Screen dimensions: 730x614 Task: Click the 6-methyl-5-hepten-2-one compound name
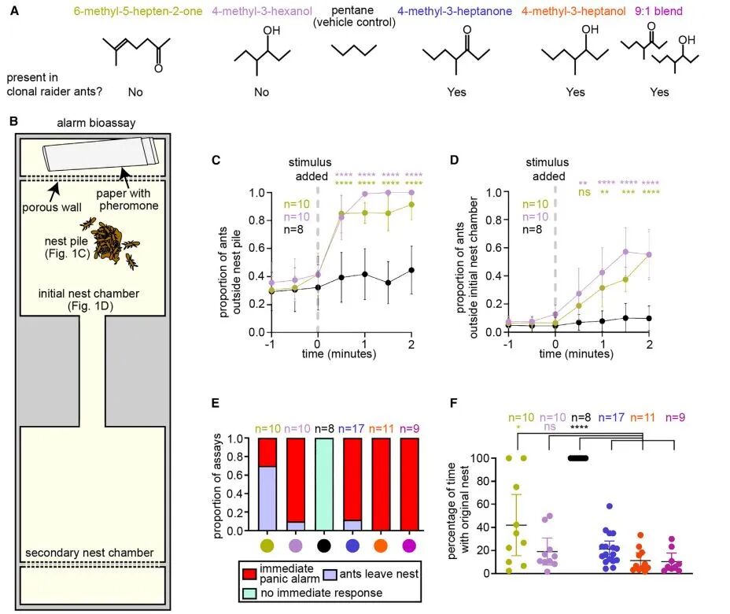tap(138, 11)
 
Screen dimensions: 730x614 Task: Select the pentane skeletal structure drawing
tap(354, 50)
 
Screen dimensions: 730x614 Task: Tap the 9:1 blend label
tap(658, 11)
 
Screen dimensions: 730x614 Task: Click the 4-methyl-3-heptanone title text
tap(455, 11)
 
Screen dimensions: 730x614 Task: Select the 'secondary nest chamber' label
tap(90, 553)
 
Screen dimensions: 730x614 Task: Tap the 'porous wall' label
tap(52, 207)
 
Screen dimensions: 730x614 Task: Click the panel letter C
tap(216, 161)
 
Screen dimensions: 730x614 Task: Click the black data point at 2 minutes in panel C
tap(411, 270)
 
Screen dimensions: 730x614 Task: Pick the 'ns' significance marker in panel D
tap(584, 192)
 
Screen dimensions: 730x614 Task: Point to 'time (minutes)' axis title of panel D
tap(577, 353)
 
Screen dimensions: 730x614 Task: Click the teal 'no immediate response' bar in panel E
tap(324, 484)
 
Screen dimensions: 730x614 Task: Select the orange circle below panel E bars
tap(381, 546)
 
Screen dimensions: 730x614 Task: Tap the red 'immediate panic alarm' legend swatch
tap(249, 574)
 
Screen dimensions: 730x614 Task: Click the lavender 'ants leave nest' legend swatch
tap(330, 575)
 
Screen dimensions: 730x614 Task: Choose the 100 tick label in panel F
tap(479, 458)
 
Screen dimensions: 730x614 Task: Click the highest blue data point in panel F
tap(609, 506)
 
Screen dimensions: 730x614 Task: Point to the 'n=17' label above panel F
tap(610, 417)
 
